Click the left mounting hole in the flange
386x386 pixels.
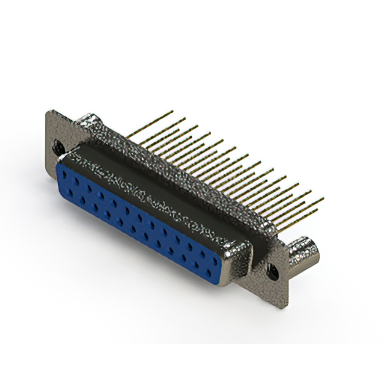click(59, 146)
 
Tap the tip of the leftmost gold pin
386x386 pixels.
click(171, 112)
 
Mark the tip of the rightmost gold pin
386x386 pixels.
click(323, 198)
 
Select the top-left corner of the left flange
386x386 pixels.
click(48, 111)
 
